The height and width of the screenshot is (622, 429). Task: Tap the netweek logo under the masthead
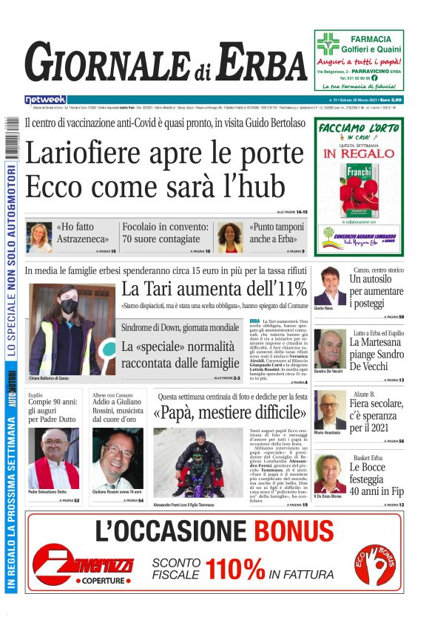click(x=45, y=100)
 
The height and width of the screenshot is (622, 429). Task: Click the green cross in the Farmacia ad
click(x=328, y=44)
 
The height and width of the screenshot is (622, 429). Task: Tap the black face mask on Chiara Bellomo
click(x=69, y=306)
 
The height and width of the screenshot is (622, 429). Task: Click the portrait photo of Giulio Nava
click(x=330, y=286)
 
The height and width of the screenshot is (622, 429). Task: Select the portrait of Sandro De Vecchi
click(x=330, y=348)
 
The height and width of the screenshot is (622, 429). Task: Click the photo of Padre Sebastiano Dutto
click(x=53, y=458)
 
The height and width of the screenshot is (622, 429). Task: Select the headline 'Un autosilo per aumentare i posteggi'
click(x=376, y=291)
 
